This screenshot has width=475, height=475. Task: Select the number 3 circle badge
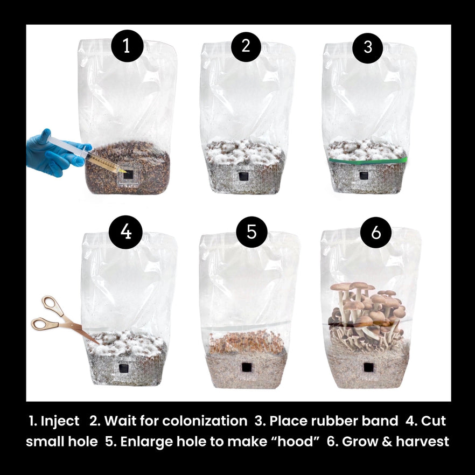(368, 47)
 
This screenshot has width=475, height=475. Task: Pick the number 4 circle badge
(125, 232)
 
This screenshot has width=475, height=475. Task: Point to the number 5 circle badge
(252, 232)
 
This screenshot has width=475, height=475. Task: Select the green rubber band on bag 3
(368, 160)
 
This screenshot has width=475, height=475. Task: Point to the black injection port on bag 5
(247, 367)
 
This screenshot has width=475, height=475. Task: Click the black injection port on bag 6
(369, 367)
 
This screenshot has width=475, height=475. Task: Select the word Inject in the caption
(60, 421)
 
